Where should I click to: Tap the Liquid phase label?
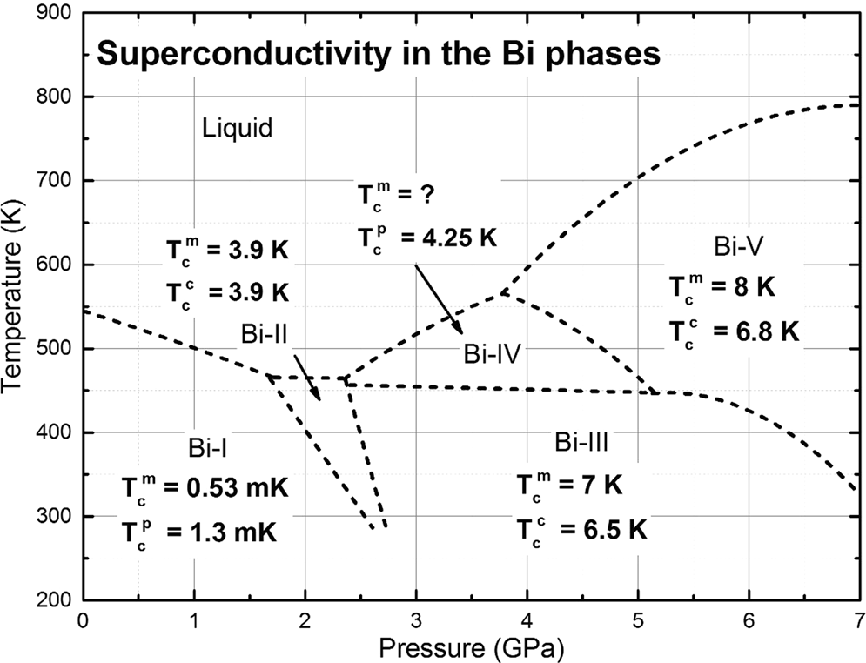(238, 130)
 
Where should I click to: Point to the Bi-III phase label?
(581, 444)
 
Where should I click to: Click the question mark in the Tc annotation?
(446, 197)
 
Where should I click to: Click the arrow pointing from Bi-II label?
(307, 377)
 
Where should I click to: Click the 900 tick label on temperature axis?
(57, 12)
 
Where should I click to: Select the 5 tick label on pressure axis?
(637, 620)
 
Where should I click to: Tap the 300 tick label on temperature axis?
(57, 517)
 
